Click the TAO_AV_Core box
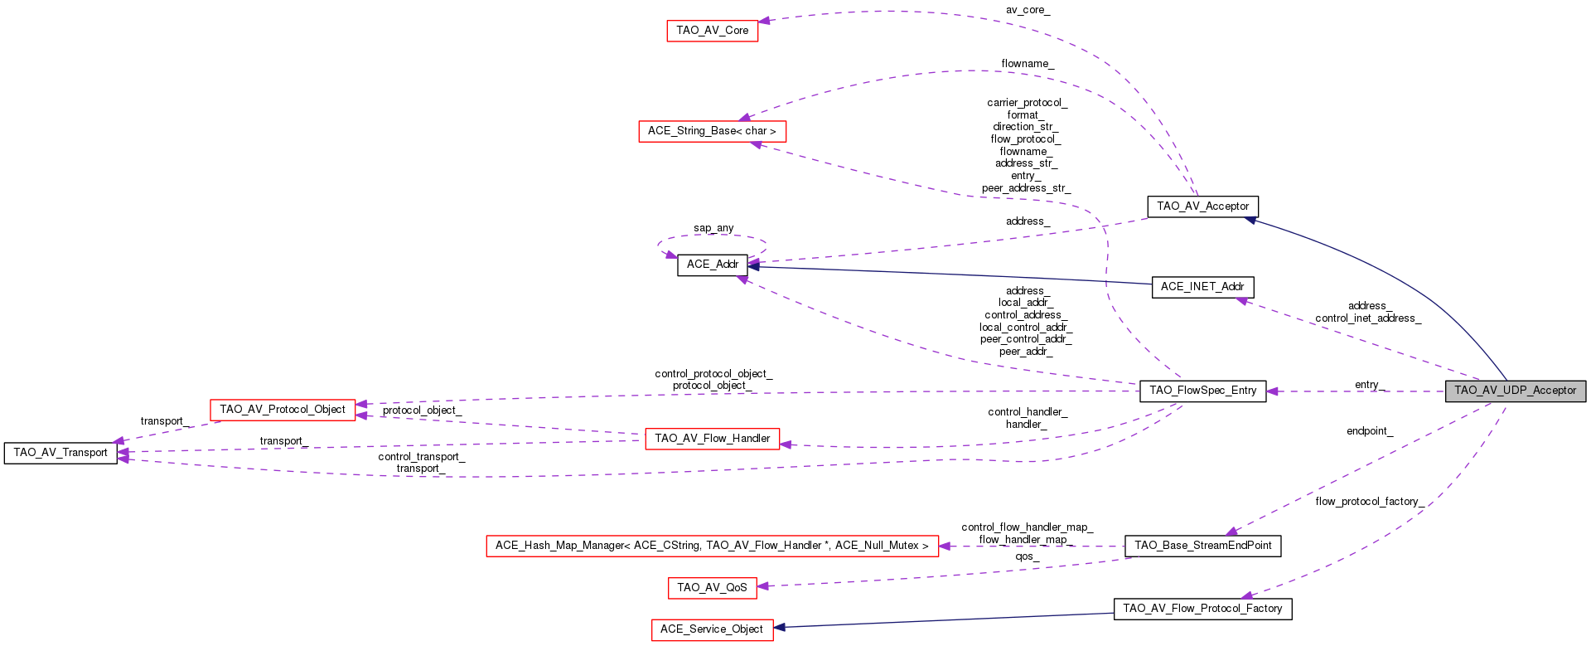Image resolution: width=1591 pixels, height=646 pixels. [x=712, y=31]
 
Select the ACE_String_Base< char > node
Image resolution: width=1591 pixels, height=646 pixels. [x=712, y=131]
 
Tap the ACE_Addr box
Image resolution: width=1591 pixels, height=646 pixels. [x=712, y=265]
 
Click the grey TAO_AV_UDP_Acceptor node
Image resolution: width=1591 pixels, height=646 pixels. [x=1515, y=391]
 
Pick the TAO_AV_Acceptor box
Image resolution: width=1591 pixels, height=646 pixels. [x=1202, y=206]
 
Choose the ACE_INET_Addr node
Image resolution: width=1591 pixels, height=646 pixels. [x=1202, y=287]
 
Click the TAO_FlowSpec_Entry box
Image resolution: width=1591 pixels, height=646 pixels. [x=1202, y=391]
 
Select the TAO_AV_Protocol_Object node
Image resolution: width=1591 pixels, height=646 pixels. [x=283, y=410]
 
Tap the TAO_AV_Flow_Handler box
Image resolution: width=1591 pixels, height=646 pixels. [x=712, y=439]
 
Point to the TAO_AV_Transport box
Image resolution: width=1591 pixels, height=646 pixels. [x=60, y=453]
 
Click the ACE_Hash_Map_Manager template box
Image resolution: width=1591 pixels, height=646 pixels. [x=712, y=546]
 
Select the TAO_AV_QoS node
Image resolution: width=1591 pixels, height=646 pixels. [x=712, y=588]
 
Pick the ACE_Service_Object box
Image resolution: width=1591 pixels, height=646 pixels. [x=712, y=629]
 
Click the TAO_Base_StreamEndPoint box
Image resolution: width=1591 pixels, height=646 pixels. [x=1202, y=546]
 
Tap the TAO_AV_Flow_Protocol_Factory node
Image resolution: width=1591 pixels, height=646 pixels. [x=1202, y=609]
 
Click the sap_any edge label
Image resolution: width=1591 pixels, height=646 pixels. [x=713, y=228]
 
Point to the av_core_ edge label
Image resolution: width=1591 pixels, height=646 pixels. [x=1028, y=10]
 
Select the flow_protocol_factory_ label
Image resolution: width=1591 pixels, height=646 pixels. [x=1369, y=502]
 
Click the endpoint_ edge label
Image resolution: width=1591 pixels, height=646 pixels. [x=1369, y=431]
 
